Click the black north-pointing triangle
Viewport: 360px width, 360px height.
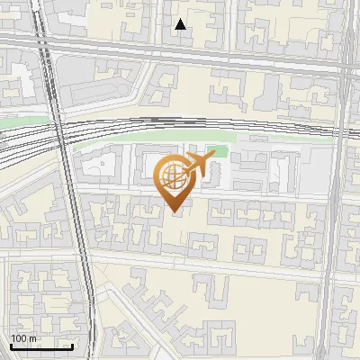tap(181, 24)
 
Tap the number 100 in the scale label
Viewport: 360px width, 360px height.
tap(19, 338)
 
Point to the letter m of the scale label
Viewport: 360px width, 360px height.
tap(32, 338)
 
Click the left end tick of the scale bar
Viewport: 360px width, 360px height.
tap(11, 346)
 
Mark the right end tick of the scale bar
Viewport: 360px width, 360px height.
tap(72, 346)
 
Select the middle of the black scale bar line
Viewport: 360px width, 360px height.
tap(41, 346)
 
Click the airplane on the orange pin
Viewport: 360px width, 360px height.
tap(198, 166)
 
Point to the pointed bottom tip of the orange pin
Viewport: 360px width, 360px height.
tap(175, 213)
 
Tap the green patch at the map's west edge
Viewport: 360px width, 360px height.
tap(27, 120)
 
